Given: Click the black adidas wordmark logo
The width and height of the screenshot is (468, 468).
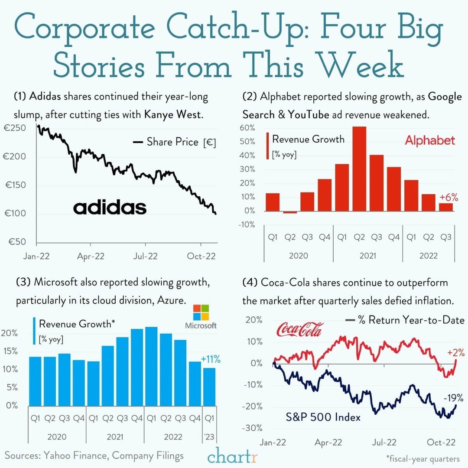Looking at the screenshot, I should pyautogui.click(x=110, y=208).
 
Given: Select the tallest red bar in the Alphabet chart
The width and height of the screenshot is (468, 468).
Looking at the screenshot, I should pyautogui.click(x=359, y=169).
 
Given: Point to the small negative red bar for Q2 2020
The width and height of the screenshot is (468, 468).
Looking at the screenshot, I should pyautogui.click(x=290, y=212).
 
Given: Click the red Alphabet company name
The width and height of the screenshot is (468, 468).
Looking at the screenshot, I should pyautogui.click(x=430, y=140).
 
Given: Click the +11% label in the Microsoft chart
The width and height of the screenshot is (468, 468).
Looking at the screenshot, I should pyautogui.click(x=211, y=359).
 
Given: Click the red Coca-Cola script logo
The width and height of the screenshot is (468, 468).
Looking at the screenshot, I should pyautogui.click(x=299, y=330).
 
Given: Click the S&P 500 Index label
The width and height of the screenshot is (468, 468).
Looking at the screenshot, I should pyautogui.click(x=323, y=417).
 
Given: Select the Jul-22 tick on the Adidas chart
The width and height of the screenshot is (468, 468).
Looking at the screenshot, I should pyautogui.click(x=146, y=257).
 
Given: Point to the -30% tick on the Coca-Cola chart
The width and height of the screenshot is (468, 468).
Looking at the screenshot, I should pyautogui.click(x=253, y=428).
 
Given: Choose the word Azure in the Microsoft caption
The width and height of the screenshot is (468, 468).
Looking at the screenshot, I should pyautogui.click(x=169, y=300).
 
